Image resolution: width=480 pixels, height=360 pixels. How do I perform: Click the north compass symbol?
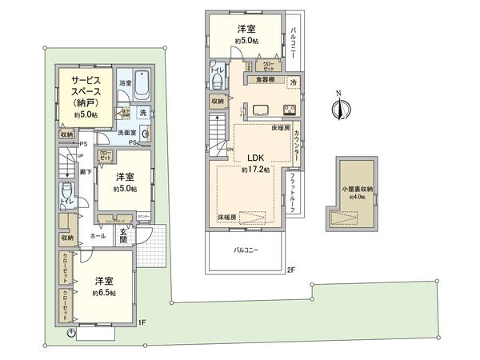339,109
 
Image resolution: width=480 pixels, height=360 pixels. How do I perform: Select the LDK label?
255,158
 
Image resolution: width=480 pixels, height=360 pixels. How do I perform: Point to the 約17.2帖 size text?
255,170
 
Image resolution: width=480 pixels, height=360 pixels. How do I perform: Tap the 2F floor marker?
292,270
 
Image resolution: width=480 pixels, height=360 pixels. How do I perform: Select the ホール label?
98,237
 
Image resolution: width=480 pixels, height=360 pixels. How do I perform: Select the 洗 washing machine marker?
142,113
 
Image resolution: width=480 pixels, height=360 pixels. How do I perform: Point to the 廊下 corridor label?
84,171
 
